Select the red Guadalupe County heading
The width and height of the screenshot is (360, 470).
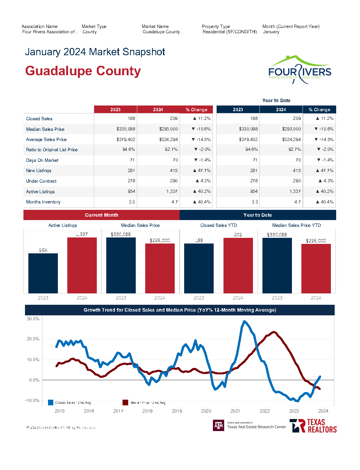83,71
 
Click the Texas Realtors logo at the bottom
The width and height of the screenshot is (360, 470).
313,426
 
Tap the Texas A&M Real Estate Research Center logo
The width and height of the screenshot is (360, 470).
250,425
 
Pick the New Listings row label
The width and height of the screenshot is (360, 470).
39,171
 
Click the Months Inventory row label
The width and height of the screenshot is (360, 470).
43,202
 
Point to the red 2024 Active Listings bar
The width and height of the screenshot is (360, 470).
82,265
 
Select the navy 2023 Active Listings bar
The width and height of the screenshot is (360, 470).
43,273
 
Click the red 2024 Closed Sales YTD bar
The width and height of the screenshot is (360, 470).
238,265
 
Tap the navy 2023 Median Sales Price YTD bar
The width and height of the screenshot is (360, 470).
277,265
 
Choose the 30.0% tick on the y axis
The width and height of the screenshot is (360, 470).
33,319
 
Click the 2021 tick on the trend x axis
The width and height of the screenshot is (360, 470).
235,411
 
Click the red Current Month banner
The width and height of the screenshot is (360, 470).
101,215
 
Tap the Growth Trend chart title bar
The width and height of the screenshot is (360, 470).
180,310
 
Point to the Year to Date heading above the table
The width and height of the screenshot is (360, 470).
276,100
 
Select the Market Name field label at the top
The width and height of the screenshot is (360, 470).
155,26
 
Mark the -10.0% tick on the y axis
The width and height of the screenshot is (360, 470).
33,400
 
